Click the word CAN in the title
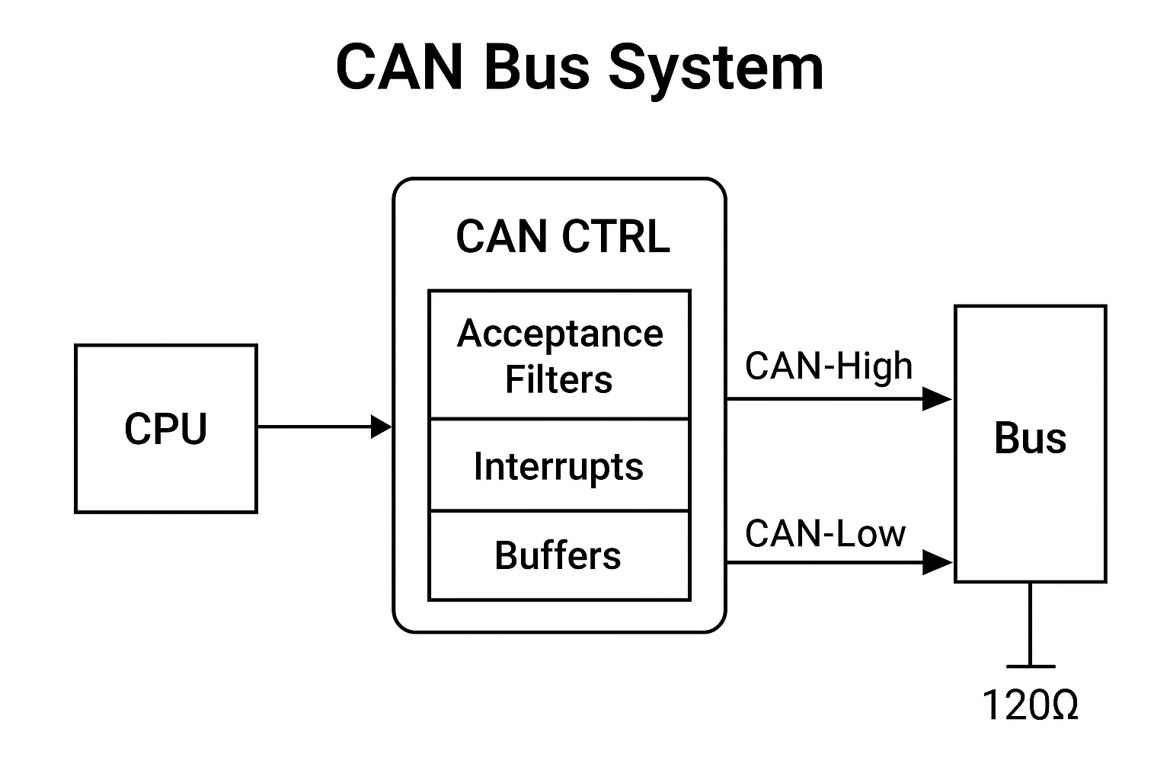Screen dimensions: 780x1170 [399, 68]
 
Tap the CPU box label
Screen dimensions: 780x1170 [165, 429]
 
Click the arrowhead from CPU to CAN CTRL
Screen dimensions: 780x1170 [381, 427]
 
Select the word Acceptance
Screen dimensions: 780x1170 [560, 334]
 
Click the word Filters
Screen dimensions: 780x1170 [558, 379]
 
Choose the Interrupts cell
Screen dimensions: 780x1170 [558, 466]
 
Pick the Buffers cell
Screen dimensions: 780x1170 [558, 555]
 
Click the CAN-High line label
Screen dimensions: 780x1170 [828, 366]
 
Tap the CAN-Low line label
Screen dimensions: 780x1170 [825, 533]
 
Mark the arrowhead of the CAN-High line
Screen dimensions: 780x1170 [937, 398]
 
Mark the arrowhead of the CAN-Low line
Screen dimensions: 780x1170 [937, 563]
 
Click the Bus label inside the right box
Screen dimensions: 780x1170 [1030, 439]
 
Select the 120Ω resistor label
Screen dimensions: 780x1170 [1030, 705]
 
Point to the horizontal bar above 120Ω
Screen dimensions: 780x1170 [1030, 666]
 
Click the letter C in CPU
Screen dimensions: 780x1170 [137, 429]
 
